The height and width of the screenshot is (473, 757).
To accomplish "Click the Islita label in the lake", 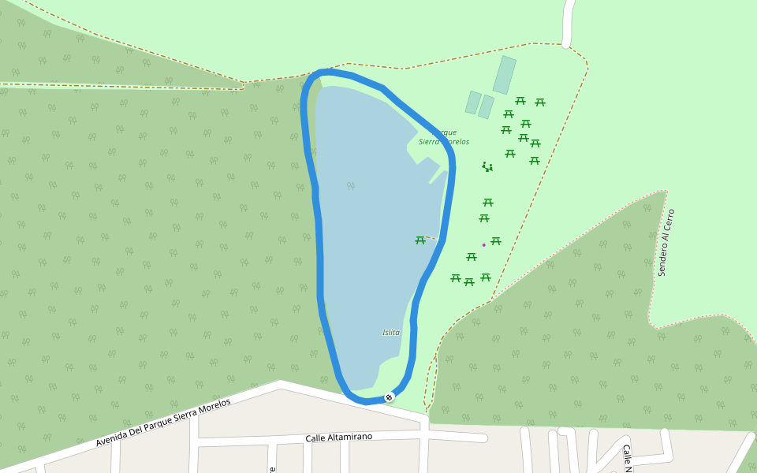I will (x=391, y=333).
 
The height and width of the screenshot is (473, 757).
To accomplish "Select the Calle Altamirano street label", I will (x=338, y=437).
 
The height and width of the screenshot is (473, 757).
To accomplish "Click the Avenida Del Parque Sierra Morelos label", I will (x=163, y=423).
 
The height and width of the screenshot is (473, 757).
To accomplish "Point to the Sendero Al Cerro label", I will (x=667, y=242).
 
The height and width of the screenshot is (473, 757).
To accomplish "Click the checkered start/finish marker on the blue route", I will (x=389, y=397).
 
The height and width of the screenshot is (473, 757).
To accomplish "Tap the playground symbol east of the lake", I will (x=487, y=166).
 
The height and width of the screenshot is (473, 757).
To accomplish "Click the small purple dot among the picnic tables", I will (x=483, y=245).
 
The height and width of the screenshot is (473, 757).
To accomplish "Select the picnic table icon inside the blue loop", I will (x=420, y=240).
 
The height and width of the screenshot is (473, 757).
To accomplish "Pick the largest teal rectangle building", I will (x=505, y=75).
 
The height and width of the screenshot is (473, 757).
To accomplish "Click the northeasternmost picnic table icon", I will (x=540, y=102).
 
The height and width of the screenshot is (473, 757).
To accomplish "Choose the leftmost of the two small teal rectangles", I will (x=473, y=102).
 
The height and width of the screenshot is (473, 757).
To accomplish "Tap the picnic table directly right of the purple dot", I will (x=496, y=241).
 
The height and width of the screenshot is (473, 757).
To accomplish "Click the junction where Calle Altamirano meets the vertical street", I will (x=424, y=433).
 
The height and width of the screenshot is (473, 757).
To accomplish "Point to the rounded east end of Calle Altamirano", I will (x=483, y=438).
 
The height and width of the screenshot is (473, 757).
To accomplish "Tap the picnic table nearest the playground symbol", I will (x=510, y=154).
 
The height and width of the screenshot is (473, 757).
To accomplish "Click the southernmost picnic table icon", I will (x=469, y=281).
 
